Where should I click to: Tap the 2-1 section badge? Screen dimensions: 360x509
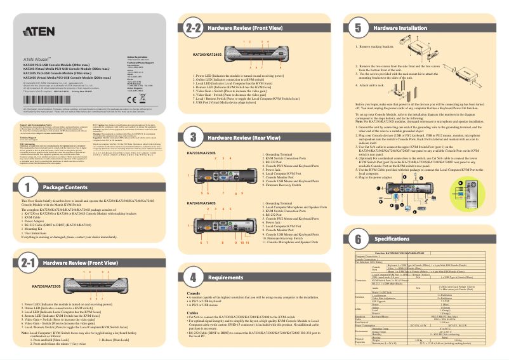point(27,262)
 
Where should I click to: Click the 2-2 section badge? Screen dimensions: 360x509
point(193,28)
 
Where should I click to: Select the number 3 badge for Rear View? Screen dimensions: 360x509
point(193,137)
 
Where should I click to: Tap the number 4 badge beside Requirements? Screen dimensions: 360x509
point(193,277)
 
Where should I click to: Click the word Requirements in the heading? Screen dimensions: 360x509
point(225,277)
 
